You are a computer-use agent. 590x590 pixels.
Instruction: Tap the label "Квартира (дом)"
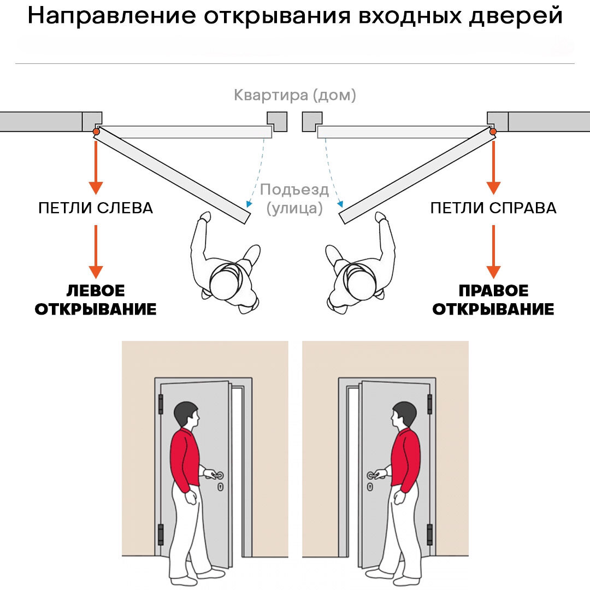tap(294, 96)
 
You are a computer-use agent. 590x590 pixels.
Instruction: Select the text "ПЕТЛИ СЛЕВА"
tap(96, 208)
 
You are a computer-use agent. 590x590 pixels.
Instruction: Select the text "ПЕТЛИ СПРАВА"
tap(493, 208)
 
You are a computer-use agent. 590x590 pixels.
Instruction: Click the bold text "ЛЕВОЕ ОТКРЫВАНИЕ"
tap(96, 300)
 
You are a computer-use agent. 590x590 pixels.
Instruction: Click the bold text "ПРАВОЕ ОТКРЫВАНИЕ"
tap(493, 300)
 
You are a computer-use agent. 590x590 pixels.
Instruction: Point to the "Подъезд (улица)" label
tap(294, 199)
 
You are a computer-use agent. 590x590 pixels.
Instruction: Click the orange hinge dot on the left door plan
tap(96, 132)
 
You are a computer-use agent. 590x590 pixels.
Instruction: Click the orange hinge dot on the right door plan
tap(493, 132)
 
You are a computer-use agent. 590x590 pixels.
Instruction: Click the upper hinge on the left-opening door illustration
tap(161, 404)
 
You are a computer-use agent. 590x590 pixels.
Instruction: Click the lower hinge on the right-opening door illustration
tap(429, 534)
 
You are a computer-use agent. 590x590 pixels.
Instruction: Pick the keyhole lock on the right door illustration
tap(370, 487)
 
